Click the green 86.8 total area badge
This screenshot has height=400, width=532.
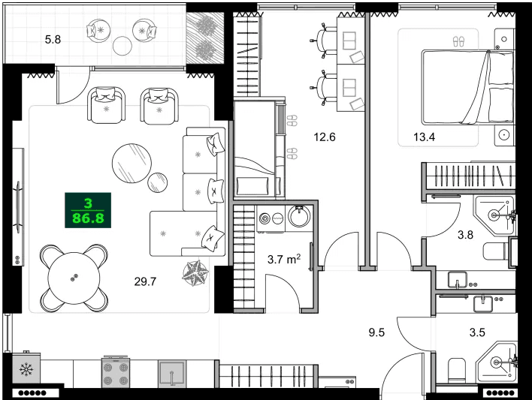[x=88, y=211]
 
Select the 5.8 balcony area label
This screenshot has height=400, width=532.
[x=53, y=39]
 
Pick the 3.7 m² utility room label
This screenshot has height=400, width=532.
[x=284, y=260]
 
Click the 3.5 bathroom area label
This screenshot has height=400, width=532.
[x=478, y=332]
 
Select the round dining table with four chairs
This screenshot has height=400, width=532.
[x=73, y=277]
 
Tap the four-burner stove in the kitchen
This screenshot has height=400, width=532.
[x=116, y=371]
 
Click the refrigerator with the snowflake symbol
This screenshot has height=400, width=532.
[x=26, y=370]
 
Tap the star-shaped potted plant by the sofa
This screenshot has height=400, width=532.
[x=197, y=272]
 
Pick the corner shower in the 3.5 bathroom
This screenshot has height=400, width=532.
[x=497, y=363]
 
